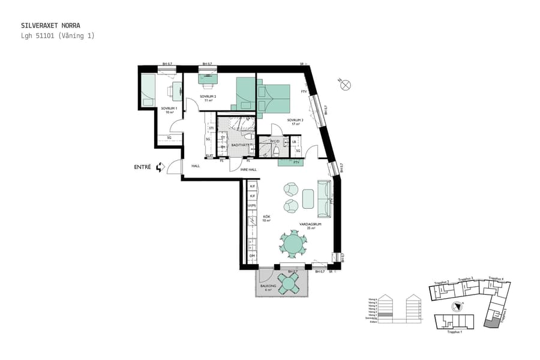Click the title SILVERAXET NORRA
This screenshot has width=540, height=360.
50,26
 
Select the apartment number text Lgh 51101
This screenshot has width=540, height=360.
38,36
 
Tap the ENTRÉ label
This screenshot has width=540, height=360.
142,168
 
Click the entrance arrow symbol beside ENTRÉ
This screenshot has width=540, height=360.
160,168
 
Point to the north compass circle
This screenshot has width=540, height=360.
346,85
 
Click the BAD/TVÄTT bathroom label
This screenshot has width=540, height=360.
240,145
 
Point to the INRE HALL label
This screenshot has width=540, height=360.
249,170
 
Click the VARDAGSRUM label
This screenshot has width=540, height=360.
311,224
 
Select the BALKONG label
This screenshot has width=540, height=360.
268,286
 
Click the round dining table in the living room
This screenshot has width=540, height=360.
293,244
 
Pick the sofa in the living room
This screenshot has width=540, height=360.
324,199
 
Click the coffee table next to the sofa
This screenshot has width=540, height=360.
308,199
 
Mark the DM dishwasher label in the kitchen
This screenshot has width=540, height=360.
253,256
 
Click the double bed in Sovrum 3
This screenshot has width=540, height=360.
273,98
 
